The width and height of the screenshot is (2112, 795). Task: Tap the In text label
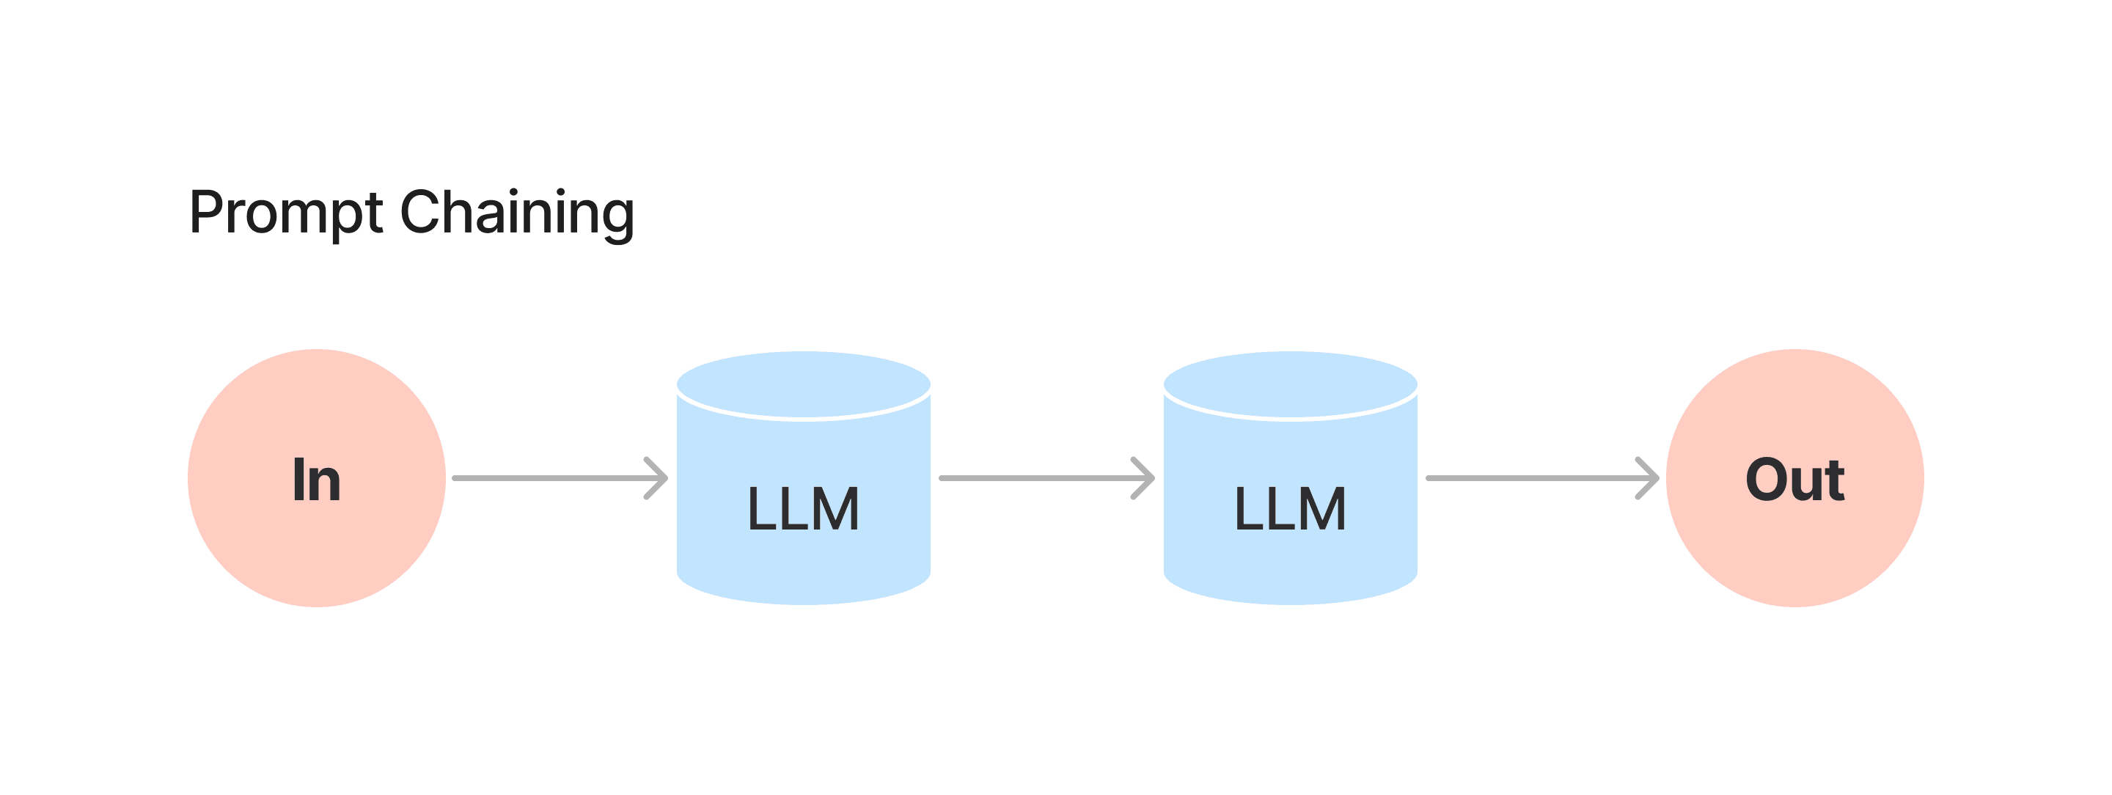pyautogui.click(x=317, y=480)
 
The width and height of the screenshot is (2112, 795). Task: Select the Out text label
pyautogui.click(x=1795, y=480)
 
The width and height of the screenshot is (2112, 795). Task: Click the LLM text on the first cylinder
pyautogui.click(x=804, y=509)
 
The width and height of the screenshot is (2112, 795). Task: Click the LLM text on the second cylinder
pyautogui.click(x=1291, y=509)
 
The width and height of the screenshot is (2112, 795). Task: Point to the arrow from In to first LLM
pyautogui.click(x=561, y=478)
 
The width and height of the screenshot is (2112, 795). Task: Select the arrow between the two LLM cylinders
pyautogui.click(x=1047, y=478)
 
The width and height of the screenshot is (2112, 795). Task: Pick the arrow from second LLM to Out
pyautogui.click(x=1543, y=478)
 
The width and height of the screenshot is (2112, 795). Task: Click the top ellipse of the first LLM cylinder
pyautogui.click(x=804, y=384)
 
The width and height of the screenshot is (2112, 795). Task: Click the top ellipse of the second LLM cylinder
pyautogui.click(x=1291, y=384)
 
